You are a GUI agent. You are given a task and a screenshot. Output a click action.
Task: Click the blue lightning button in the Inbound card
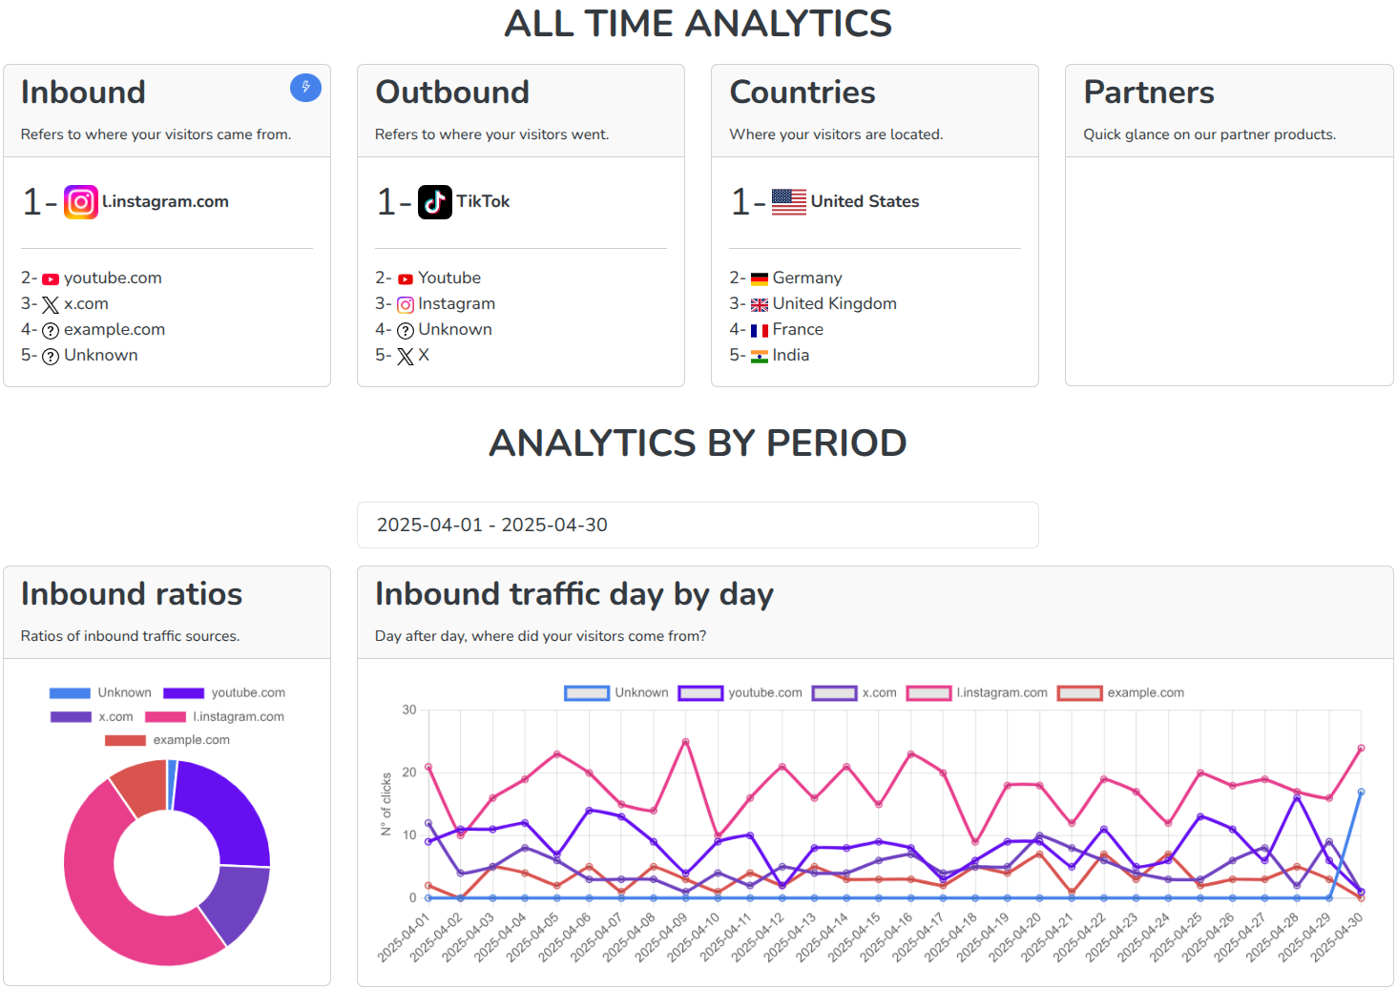(x=305, y=88)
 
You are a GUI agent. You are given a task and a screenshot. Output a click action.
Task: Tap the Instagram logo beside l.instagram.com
(x=81, y=202)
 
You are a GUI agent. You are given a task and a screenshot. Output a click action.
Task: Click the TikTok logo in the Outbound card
(x=435, y=202)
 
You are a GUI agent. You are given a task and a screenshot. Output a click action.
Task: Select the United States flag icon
(x=789, y=202)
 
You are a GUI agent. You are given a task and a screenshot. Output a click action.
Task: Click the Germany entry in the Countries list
(x=806, y=278)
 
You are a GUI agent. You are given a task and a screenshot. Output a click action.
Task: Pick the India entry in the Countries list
(x=790, y=355)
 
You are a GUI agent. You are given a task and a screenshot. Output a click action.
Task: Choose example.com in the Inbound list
(x=114, y=329)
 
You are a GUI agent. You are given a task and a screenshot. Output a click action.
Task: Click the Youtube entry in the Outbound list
(x=448, y=278)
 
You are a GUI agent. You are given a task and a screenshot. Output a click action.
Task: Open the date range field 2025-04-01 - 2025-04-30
(x=698, y=525)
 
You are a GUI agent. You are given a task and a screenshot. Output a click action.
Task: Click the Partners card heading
(x=1149, y=93)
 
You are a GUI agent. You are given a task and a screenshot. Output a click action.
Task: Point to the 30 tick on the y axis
(x=409, y=710)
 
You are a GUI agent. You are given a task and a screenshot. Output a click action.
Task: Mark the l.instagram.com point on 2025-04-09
(x=685, y=741)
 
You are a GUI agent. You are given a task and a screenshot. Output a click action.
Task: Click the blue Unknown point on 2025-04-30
(x=1361, y=792)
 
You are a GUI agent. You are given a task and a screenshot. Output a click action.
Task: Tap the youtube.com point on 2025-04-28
(x=1297, y=797)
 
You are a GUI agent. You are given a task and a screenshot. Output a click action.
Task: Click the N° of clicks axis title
(x=386, y=804)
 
